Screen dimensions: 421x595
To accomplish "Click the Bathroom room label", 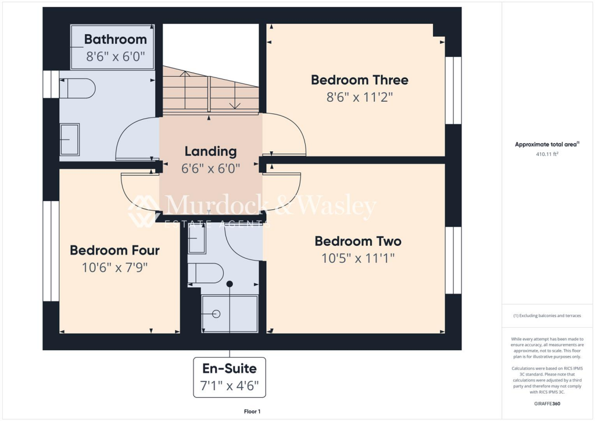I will click(115, 40).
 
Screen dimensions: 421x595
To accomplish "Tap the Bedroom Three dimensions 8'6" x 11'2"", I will click(359, 98).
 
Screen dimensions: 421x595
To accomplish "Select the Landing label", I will click(210, 151).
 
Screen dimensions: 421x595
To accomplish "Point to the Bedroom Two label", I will click(357, 241).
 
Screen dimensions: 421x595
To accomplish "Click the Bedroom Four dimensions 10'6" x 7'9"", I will click(114, 267).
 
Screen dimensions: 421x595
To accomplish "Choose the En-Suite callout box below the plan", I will click(229, 377).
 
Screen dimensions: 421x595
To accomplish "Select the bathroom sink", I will click(70, 140).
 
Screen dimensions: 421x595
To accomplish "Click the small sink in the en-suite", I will click(196, 239).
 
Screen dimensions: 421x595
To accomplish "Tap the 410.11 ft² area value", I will click(547, 155).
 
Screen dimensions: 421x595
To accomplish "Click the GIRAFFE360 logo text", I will click(548, 403).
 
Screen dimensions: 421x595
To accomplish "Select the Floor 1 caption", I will click(252, 412).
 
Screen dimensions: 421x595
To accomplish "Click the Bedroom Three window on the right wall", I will click(453, 90).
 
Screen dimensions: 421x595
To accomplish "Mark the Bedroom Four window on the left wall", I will click(51, 251).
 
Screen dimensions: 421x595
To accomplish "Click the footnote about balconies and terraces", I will click(547, 316).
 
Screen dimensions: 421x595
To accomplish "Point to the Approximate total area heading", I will click(547, 145).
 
